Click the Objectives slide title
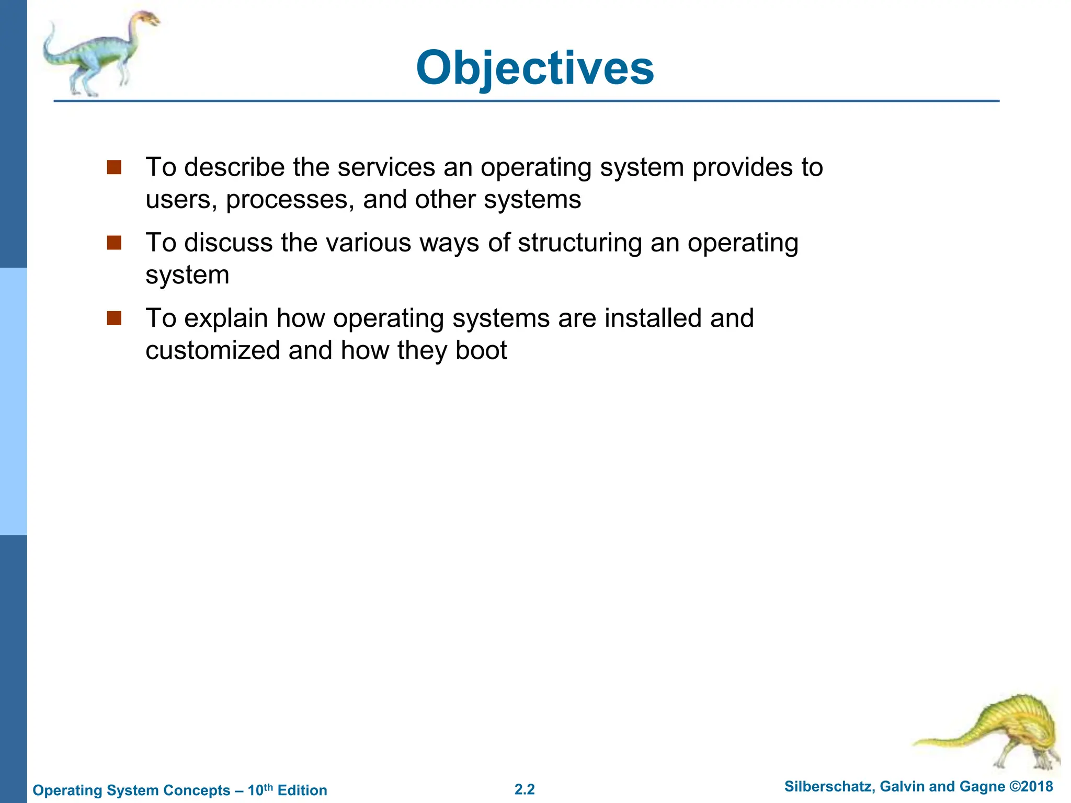[x=534, y=68]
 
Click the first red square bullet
[x=114, y=167]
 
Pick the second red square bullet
[x=114, y=243]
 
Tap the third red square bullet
[x=114, y=318]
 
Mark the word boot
[x=481, y=350]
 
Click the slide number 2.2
[x=525, y=789]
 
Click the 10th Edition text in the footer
[x=287, y=790]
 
